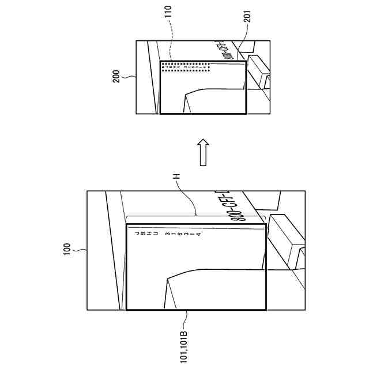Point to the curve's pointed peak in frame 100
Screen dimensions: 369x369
[x=167, y=278]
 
